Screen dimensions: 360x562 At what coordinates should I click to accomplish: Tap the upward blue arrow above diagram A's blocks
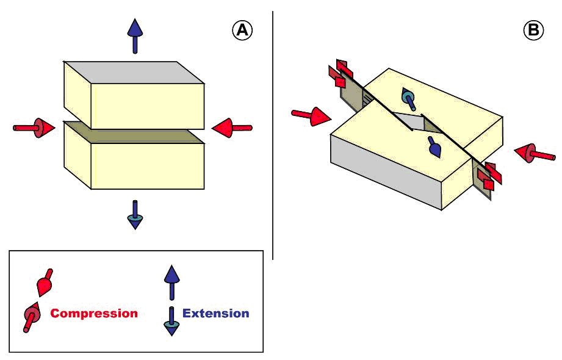(135, 36)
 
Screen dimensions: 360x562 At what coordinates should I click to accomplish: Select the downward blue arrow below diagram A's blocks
(135, 214)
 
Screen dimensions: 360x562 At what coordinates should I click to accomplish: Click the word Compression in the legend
(94, 314)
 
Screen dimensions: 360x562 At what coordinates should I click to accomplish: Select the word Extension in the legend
(216, 314)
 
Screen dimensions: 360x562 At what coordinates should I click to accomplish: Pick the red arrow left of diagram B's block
(311, 115)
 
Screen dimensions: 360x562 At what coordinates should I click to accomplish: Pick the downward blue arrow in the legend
(171, 321)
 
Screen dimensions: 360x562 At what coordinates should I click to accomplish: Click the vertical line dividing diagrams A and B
(273, 134)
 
